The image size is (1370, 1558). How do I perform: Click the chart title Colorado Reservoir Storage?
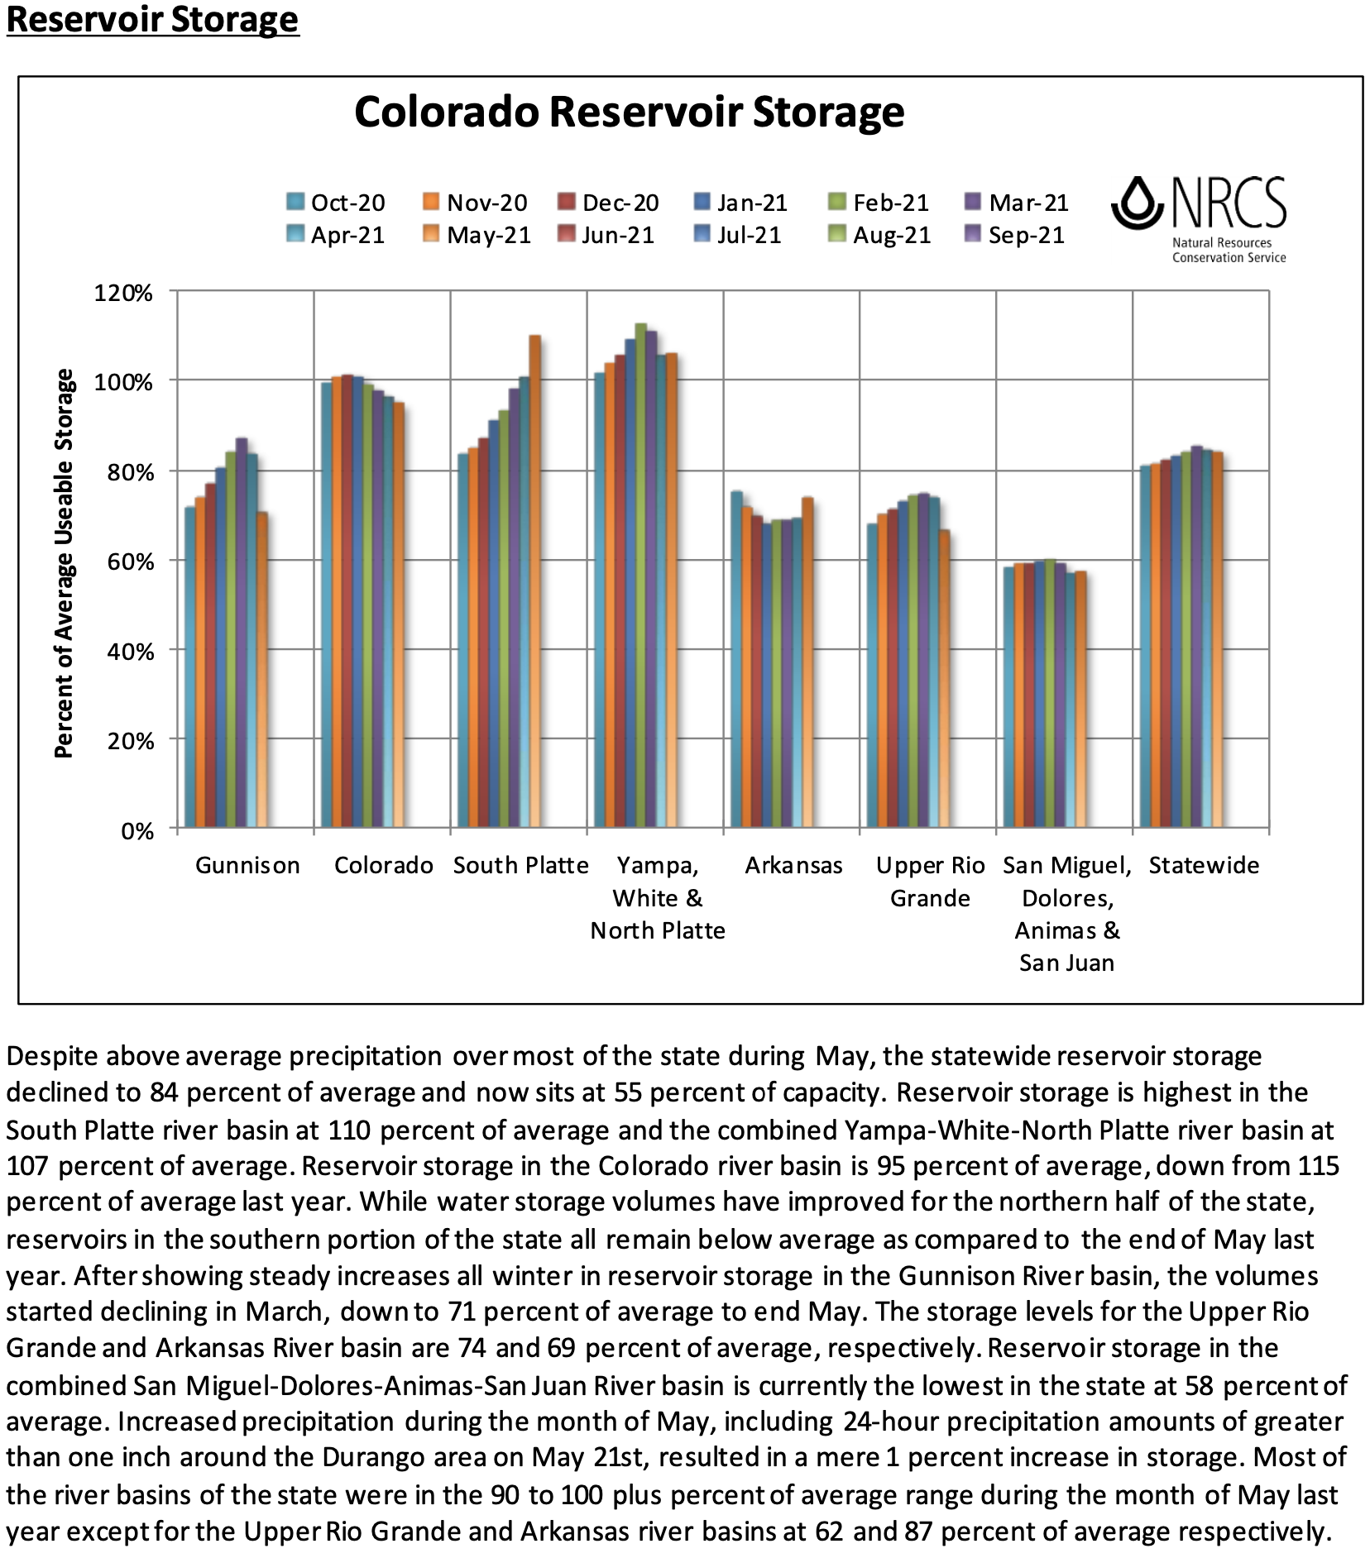[x=629, y=112]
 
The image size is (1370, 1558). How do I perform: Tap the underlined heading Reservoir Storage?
[x=152, y=20]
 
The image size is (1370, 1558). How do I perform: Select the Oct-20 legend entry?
[x=336, y=203]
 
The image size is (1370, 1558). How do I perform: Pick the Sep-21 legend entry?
[x=1015, y=236]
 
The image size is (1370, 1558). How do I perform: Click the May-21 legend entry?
[x=477, y=236]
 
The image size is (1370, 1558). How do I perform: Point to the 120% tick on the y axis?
[x=123, y=294]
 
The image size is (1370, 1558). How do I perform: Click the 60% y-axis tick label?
[x=129, y=562]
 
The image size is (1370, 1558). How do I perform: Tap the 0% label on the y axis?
[x=137, y=831]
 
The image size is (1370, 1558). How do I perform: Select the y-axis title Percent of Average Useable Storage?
[x=64, y=562]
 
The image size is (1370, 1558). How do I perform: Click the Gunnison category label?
[x=247, y=866]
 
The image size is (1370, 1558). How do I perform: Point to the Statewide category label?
[x=1204, y=866]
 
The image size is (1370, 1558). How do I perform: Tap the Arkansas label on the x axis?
[x=793, y=866]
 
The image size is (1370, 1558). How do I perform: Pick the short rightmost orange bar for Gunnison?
[x=262, y=670]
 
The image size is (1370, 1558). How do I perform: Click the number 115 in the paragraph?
[x=1318, y=1166]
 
